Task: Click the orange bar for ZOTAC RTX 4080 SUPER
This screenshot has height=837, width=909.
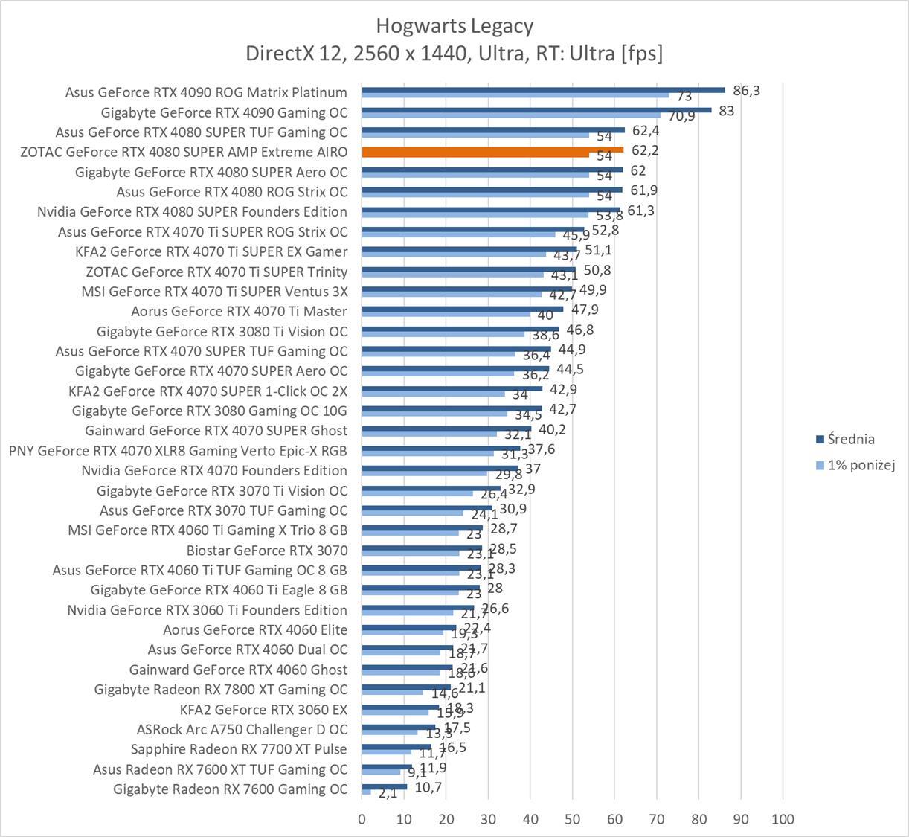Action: [x=492, y=150]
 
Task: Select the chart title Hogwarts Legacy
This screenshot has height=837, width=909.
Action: [x=454, y=26]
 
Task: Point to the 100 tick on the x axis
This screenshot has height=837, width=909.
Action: [x=783, y=819]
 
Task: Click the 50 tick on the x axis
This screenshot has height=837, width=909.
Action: [x=572, y=819]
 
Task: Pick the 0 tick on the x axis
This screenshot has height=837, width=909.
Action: [x=362, y=819]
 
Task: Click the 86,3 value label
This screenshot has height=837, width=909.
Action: [x=747, y=91]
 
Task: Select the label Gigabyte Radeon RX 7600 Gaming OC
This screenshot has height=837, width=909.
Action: [x=230, y=789]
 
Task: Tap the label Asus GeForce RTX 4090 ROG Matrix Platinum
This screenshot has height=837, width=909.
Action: [x=206, y=92]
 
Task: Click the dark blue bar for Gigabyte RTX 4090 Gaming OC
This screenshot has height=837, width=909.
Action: [x=536, y=109]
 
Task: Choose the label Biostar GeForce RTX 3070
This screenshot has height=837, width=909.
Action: [x=267, y=551]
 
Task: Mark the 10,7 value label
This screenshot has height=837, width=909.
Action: [x=428, y=787]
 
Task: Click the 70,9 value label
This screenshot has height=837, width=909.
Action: [x=681, y=116]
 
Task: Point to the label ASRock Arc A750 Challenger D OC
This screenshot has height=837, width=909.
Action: [x=242, y=729]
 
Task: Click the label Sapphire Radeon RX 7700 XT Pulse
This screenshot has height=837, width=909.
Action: [x=239, y=749]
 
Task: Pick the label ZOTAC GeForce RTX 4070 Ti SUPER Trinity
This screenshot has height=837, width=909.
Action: [x=216, y=272]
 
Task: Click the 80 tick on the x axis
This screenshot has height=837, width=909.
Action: [x=698, y=819]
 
